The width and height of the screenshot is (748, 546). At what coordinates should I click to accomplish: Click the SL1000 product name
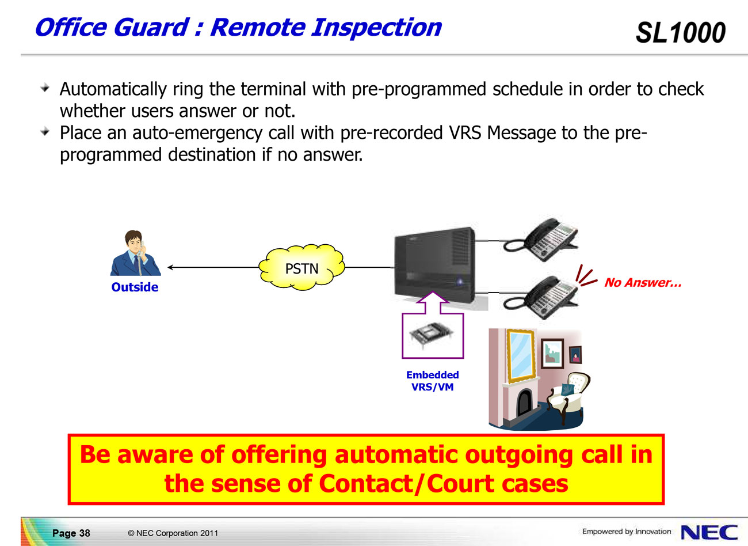point(681,32)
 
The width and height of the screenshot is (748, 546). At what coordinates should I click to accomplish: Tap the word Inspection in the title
point(376,28)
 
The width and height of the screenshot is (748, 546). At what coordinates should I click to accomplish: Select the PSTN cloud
point(302,267)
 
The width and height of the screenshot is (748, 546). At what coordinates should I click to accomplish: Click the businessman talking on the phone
point(135,253)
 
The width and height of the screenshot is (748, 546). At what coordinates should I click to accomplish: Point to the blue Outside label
point(135,287)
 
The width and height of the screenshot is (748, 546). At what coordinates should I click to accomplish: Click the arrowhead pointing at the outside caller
point(170,267)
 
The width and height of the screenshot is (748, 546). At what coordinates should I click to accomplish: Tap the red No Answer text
point(643,283)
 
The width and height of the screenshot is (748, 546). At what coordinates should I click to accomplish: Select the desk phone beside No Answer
point(541,297)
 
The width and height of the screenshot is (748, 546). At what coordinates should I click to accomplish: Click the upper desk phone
point(541,240)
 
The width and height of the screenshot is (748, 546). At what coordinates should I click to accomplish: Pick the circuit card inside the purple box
point(432,335)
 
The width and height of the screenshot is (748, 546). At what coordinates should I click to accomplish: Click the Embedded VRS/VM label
point(433,381)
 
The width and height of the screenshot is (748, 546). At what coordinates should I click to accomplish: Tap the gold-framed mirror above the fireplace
point(521,355)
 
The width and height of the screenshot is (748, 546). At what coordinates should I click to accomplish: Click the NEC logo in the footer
point(709,532)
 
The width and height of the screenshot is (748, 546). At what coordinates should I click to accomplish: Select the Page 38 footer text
point(71,533)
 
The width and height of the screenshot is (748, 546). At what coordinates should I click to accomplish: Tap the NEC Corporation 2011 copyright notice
point(173,533)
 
